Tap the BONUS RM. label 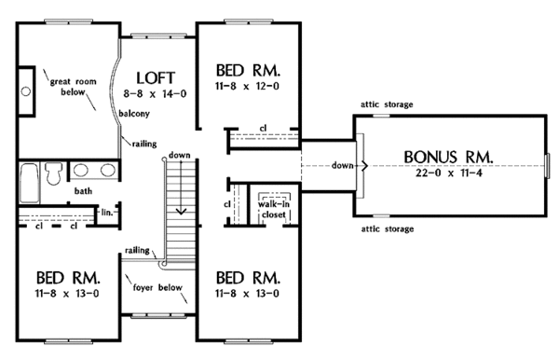(454, 155)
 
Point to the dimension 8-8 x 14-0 (157, 94)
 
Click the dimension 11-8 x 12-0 (247, 88)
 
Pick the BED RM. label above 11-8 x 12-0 (247, 71)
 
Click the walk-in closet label (273, 206)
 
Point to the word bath (82, 191)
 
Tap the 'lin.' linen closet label (106, 212)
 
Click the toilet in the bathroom (55, 173)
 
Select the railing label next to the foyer (137, 251)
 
